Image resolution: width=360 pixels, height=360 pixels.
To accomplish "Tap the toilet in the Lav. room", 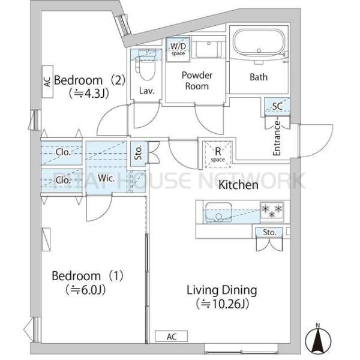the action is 145,65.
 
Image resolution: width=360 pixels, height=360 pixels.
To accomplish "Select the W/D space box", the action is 178,50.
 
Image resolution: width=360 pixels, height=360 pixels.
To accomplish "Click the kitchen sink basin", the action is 218,212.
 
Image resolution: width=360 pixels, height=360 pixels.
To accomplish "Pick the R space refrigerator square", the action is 218,154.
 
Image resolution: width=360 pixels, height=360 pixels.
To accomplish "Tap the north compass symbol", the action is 318,338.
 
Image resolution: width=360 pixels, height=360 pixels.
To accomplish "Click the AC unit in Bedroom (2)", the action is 47,82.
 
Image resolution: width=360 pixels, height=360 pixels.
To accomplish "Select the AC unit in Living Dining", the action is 171,337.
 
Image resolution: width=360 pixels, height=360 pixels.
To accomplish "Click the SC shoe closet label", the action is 277,106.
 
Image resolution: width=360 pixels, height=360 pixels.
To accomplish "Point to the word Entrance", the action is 277,138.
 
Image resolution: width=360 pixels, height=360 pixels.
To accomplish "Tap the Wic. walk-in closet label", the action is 106,178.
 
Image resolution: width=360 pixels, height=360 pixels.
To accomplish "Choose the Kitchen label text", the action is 238,185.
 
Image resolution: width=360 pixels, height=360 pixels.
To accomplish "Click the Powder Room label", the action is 197,80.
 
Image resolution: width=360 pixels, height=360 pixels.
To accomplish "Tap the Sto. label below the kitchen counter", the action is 269,232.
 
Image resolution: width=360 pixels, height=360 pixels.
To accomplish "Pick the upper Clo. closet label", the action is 63,152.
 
